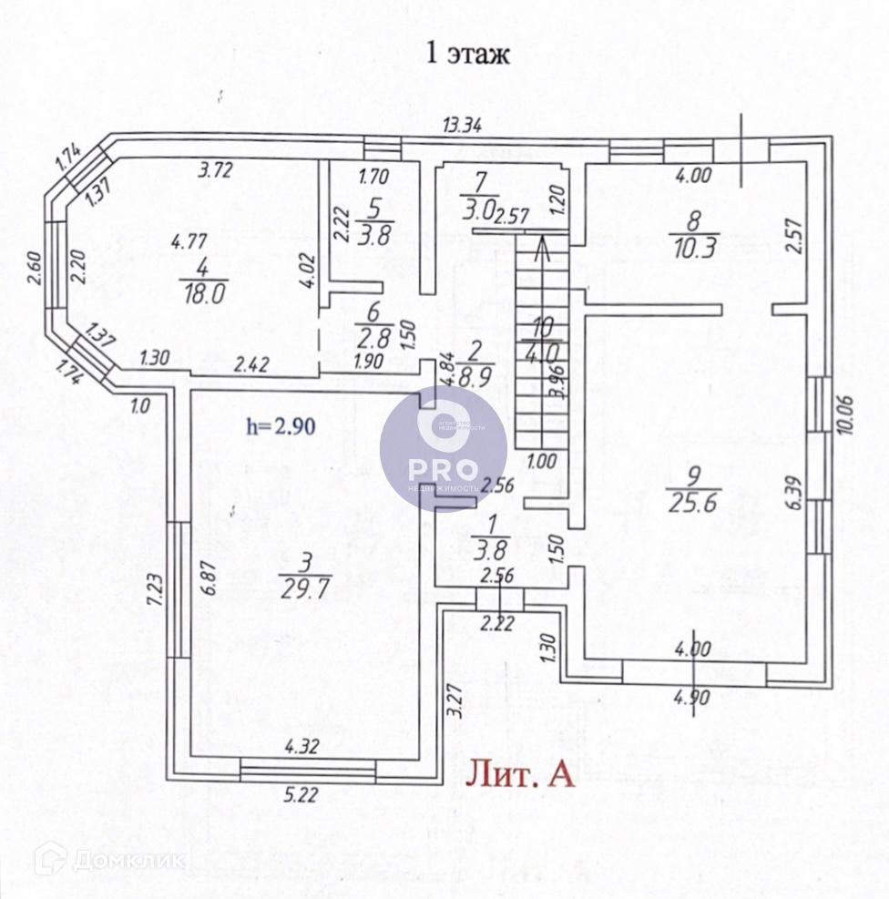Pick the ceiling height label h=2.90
coord(281,425)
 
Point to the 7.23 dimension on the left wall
coord(156,592)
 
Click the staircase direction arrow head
coord(543,242)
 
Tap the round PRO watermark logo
coord(443,447)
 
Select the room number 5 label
coord(373,203)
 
